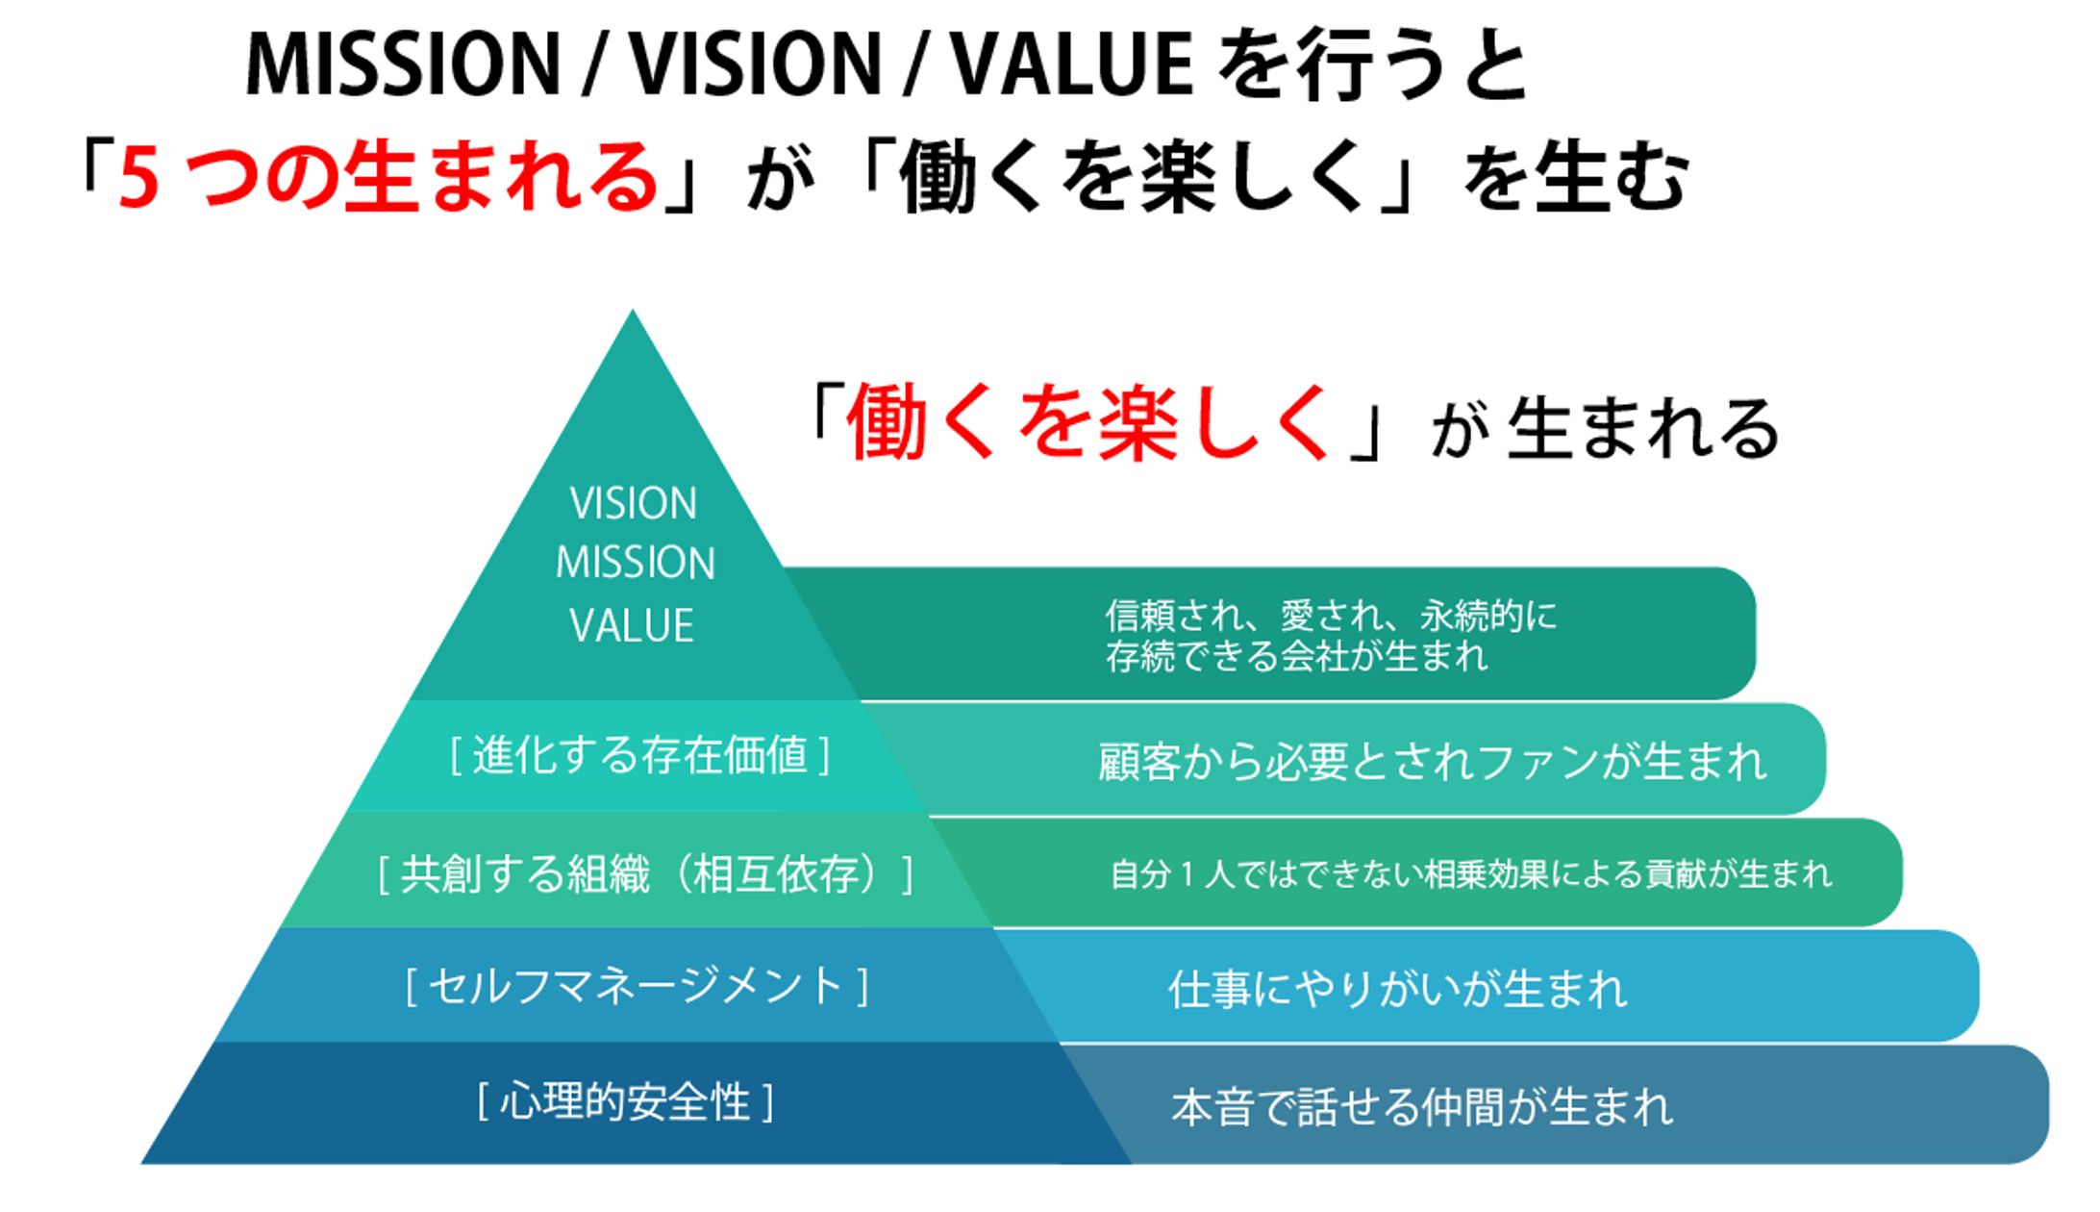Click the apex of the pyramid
[x=632, y=311]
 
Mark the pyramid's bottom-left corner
[x=142, y=1163]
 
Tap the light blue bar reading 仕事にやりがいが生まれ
[x=1500, y=987]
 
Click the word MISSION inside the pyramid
[x=636, y=564]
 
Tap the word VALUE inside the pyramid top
[x=632, y=626]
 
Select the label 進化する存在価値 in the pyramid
[x=639, y=755]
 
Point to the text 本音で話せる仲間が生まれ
[x=1422, y=1107]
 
